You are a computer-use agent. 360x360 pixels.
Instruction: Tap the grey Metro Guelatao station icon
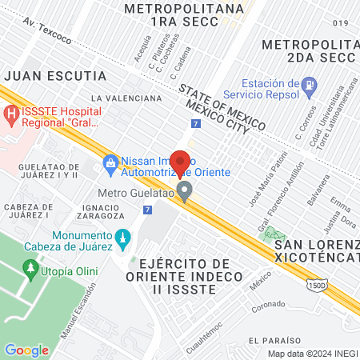[x=185, y=192]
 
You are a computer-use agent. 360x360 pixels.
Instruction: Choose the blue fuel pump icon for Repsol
[x=309, y=85]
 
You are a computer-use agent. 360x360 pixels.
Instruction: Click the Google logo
[x=26, y=350]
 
